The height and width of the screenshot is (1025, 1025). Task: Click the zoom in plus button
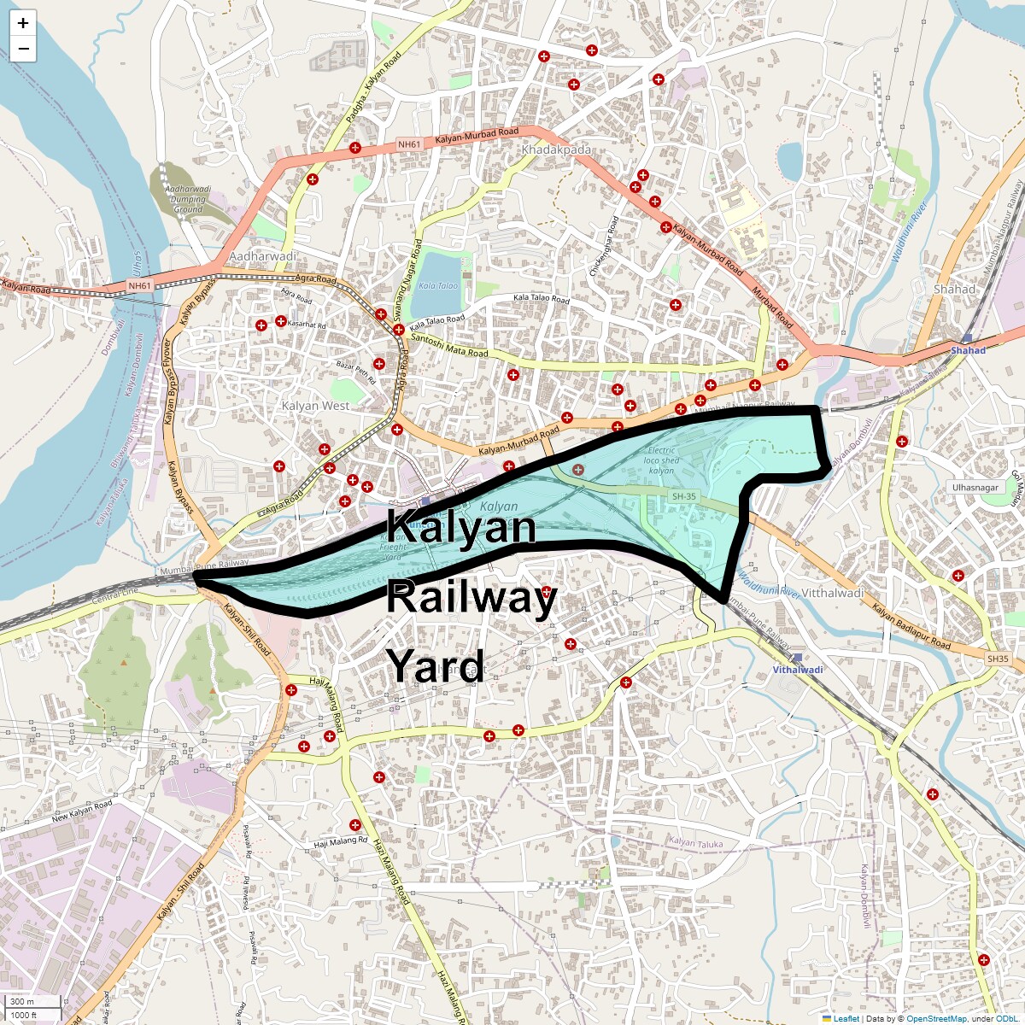tap(23, 23)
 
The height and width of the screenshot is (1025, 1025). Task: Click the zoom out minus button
tap(23, 50)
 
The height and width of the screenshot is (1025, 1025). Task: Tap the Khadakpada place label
tap(556, 149)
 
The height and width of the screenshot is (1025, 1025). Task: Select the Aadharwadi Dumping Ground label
tap(188, 199)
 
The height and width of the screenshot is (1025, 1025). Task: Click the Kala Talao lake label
tap(438, 285)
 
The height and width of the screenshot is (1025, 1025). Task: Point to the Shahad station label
tap(968, 350)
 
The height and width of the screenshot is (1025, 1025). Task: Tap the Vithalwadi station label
tap(798, 670)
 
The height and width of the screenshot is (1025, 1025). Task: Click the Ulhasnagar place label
tap(975, 488)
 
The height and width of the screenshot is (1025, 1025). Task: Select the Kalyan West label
tap(315, 406)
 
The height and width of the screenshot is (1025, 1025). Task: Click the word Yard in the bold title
tap(435, 665)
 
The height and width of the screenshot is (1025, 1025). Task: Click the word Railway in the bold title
tap(471, 596)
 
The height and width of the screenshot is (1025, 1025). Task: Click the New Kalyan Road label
tap(82, 811)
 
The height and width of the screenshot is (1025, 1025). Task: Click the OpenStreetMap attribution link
tap(936, 1018)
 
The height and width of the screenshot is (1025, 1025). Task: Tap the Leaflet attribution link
tap(846, 1018)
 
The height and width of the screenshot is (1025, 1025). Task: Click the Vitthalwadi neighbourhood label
tap(834, 592)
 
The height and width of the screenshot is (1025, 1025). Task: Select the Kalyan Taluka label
tap(695, 843)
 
